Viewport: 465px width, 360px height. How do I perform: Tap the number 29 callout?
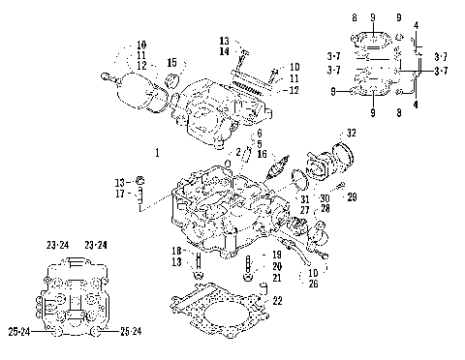pos(352,196)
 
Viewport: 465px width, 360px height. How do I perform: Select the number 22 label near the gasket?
pos(277,301)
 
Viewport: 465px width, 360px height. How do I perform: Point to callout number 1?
pos(157,153)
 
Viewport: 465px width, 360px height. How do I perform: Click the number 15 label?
pos(171,63)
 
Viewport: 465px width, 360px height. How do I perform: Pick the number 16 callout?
pos(263,153)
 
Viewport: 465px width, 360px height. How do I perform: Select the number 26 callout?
pos(313,284)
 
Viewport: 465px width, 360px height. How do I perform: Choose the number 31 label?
pos(304,198)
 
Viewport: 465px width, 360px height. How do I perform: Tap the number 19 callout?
pos(277,254)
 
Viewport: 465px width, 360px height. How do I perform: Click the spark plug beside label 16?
pos(281,167)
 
